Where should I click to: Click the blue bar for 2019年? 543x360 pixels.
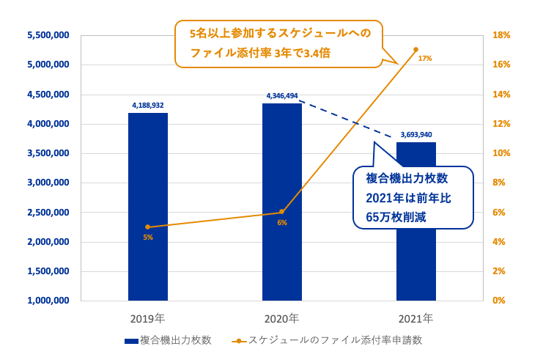147,207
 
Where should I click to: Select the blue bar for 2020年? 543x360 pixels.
281,202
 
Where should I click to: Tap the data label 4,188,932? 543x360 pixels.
147,106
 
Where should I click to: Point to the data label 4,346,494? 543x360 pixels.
282,95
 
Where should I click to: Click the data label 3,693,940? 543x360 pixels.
416,135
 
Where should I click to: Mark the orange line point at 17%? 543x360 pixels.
415,49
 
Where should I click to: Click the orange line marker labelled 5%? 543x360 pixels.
147,227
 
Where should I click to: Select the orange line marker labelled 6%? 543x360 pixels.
281,213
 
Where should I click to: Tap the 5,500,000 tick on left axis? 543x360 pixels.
48,35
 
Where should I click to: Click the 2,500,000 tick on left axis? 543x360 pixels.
48,213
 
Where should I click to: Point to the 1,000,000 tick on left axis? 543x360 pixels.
48,301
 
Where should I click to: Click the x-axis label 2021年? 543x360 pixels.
415,319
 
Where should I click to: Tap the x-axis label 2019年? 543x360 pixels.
147,319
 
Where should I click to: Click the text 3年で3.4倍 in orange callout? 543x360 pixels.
293,53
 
